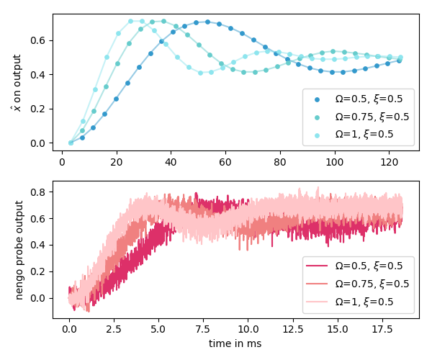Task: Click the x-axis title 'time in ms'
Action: click(235, 344)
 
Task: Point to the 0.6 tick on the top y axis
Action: click(40, 40)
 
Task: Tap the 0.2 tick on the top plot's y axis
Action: click(40, 109)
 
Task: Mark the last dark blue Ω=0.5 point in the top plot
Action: click(400, 60)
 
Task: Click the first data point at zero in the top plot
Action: click(71, 143)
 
